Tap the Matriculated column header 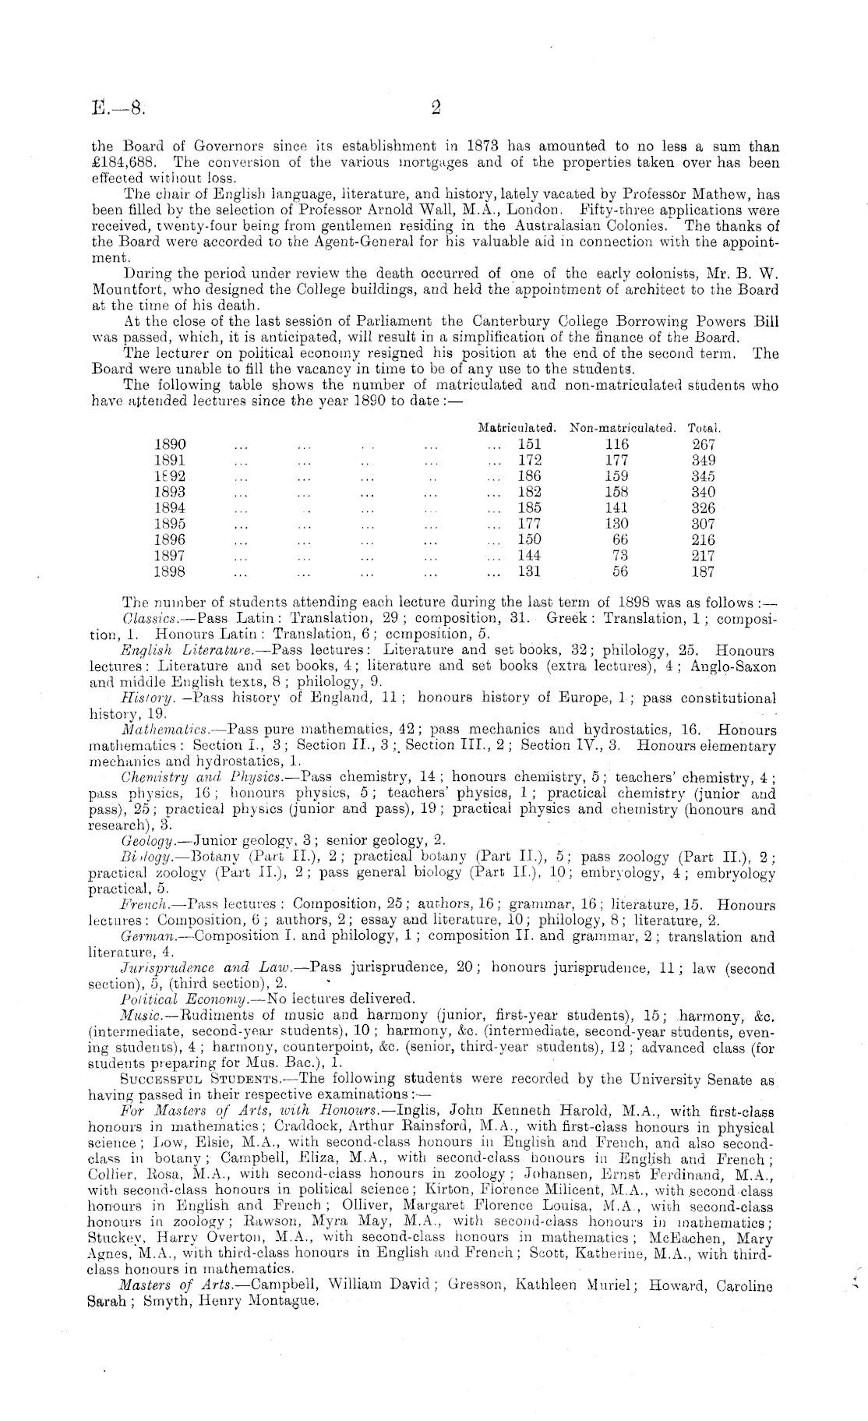(x=517, y=428)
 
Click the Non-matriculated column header (x=622, y=428)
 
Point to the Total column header (x=704, y=428)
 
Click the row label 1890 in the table (x=171, y=444)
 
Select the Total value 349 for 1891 (x=704, y=460)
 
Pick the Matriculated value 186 (x=530, y=476)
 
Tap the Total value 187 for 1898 (x=704, y=571)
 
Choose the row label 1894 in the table (x=171, y=508)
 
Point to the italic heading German (x=146, y=936)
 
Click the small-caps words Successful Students (x=205, y=1080)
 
